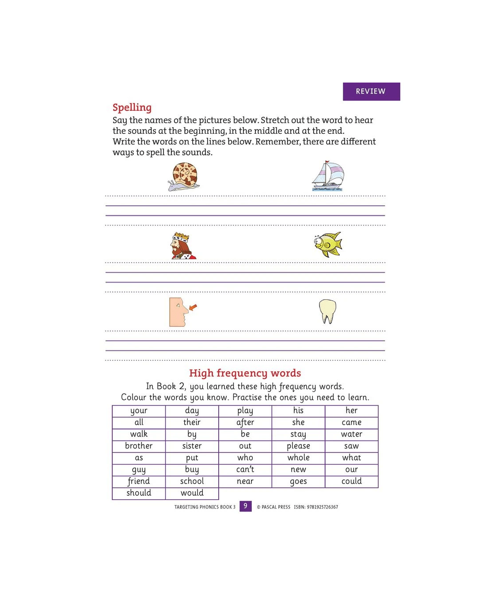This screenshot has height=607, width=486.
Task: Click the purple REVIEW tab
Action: tap(371, 91)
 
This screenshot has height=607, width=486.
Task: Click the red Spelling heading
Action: tap(132, 107)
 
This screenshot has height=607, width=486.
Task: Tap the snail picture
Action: tap(184, 177)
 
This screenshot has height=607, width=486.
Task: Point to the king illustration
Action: tap(182, 246)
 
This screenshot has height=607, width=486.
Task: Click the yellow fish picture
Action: tap(329, 244)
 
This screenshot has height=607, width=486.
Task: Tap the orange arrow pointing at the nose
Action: tap(193, 307)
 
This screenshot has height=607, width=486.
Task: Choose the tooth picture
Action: tap(327, 311)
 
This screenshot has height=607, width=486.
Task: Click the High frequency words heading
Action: tap(245, 373)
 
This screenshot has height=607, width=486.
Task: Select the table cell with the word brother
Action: tap(139, 446)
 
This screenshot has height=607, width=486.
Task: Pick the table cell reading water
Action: tap(351, 434)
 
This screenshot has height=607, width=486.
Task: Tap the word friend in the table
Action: tap(139, 482)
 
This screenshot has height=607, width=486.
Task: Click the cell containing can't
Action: tap(245, 470)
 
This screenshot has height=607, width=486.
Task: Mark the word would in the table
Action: tap(192, 493)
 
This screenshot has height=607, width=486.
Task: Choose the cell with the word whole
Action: tap(298, 458)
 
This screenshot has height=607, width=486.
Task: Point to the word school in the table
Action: tap(192, 482)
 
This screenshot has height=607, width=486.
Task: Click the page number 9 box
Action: tap(245, 506)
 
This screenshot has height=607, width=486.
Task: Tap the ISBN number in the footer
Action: tap(316, 507)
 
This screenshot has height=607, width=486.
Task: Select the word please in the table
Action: tap(298, 446)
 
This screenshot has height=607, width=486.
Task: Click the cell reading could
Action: tap(351, 482)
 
